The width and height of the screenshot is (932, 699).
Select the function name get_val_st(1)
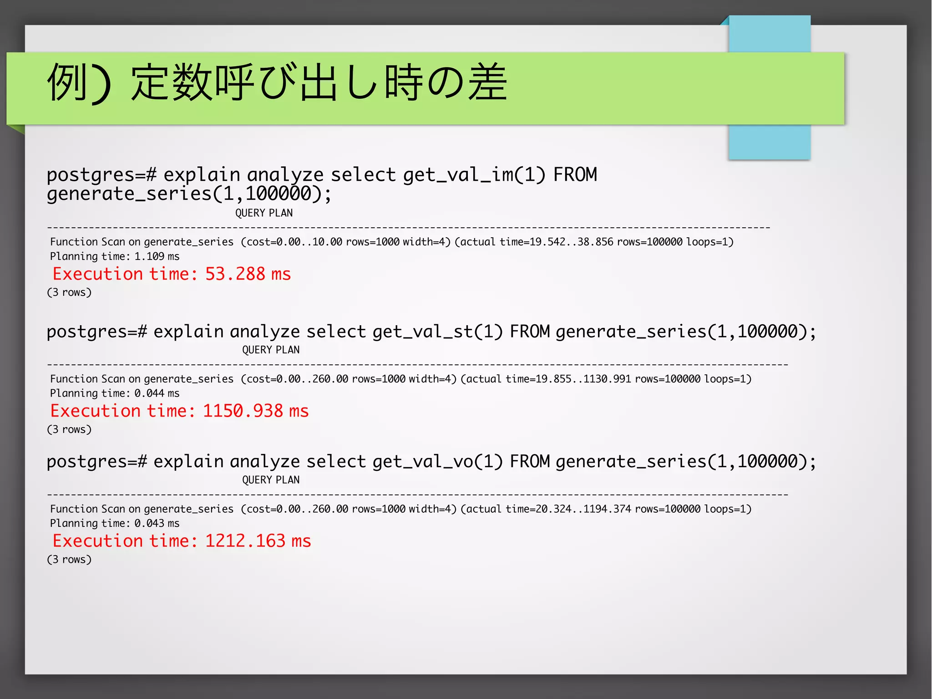pos(437,332)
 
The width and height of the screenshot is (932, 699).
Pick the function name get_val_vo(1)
pos(437,462)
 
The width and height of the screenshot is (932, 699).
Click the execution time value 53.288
pos(235,274)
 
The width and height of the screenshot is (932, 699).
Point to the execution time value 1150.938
pos(243,411)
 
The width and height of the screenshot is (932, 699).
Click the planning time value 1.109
pos(149,256)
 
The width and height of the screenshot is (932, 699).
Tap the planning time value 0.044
pos(149,393)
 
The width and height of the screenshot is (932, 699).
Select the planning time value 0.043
pos(149,524)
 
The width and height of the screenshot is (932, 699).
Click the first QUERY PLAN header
pos(264,213)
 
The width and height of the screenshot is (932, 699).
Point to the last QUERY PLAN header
pos(271,480)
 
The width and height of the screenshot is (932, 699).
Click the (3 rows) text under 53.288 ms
pos(69,292)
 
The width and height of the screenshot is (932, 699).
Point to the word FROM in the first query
pos(575,175)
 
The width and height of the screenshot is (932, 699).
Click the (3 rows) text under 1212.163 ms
pos(69,560)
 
